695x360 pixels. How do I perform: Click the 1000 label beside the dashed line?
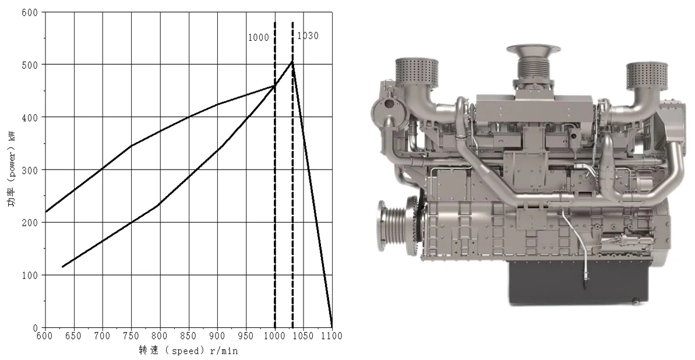pos(259,38)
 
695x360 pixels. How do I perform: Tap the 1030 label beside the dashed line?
pos(308,36)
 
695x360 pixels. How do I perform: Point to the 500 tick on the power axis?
pos(30,65)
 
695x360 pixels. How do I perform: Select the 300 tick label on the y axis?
pos(30,170)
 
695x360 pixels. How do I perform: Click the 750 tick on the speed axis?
pos(131,336)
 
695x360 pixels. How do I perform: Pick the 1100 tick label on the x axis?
pos(331,336)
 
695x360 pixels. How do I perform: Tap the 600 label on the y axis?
pos(30,12)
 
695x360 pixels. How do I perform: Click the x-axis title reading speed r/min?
pos(188,351)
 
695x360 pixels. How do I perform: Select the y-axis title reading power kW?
pos(11,169)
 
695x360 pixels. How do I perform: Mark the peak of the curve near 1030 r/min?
pos(292,61)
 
